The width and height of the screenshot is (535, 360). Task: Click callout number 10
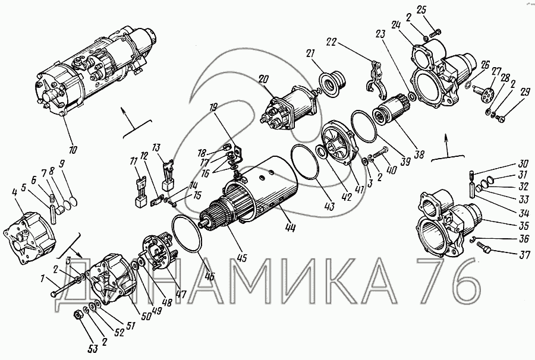tap(73, 149)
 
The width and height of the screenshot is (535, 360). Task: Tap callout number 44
tap(290, 226)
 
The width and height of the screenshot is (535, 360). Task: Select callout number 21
tap(310, 54)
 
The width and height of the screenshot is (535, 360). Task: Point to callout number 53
tap(93, 348)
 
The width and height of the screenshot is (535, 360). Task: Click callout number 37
tap(524, 254)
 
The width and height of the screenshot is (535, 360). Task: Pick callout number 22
tap(331, 42)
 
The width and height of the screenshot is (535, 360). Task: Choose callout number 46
tap(209, 276)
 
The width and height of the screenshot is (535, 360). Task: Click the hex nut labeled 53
tap(78, 315)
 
